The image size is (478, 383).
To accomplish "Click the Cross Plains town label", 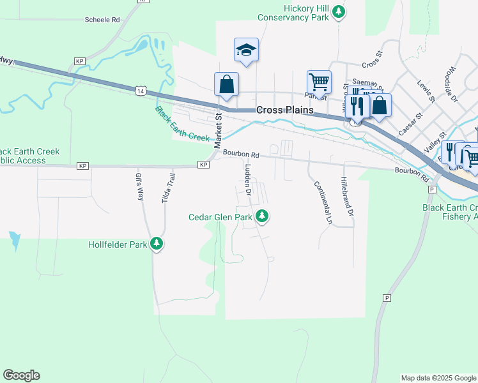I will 284,110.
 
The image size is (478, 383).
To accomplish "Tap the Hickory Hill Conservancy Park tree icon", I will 340,11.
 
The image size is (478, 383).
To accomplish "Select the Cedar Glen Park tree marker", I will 261,217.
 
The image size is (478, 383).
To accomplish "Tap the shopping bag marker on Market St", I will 226,84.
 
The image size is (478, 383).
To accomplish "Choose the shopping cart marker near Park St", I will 318,82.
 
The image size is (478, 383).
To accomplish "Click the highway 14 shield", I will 140,91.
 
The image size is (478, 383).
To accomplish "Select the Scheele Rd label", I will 102,20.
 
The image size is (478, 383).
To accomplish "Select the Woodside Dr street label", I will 453,84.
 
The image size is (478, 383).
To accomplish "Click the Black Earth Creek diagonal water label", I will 182,124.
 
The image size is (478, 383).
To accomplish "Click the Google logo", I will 21,375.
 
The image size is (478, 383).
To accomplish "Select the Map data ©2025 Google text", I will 438,378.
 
